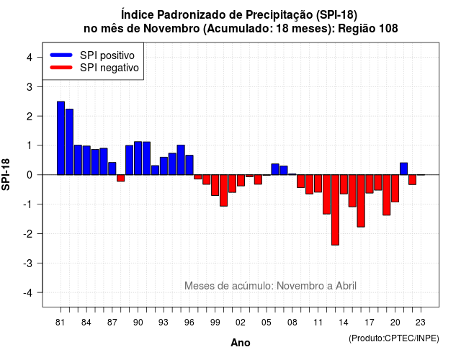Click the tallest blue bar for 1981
[61, 138]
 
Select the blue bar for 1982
[69, 142]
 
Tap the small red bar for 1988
[120, 178]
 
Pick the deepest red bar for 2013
[335, 210]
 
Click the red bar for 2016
[361, 201]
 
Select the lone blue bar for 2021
[403, 168]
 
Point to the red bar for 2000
[223, 190]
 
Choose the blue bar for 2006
[275, 169]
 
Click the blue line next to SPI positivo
[61, 55]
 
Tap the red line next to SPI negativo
[61, 68]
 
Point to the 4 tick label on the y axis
[30, 58]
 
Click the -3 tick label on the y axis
[27, 264]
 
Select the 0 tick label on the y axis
[30, 175]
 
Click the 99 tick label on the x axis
[215, 323]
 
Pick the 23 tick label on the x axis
[421, 323]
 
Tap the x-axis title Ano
[241, 343]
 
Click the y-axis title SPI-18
[6, 174]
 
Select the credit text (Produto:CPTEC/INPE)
[394, 338]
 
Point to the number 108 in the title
[388, 29]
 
